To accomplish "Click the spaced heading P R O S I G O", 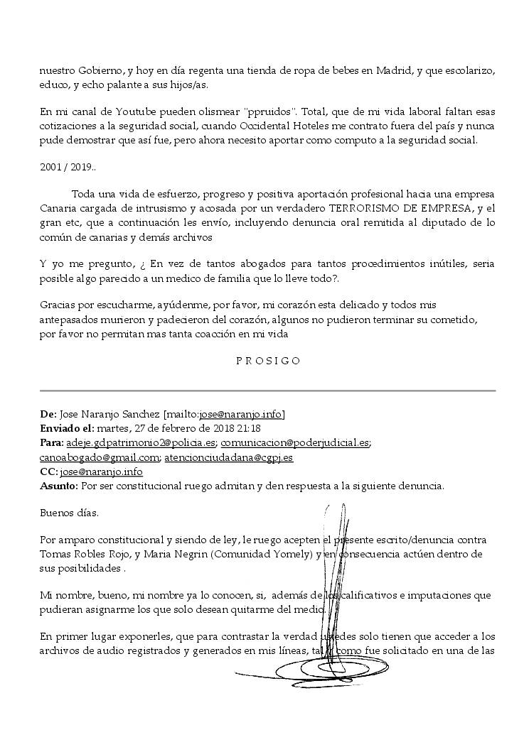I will click(268, 361).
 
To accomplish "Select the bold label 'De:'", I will click(48, 414).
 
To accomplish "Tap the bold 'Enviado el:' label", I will click(67, 428).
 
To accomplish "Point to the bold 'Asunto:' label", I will click(59, 486).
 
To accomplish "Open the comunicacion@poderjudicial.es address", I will click(294, 442).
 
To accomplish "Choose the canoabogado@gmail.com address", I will click(100, 457).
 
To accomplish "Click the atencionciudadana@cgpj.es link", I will click(228, 457).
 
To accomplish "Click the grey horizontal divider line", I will click(267, 391).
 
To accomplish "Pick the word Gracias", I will click(58, 305).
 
